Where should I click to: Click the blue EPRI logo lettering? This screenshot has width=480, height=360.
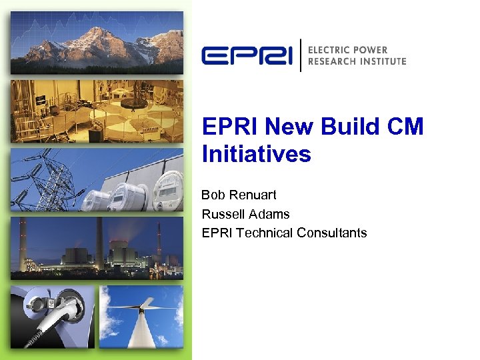247,55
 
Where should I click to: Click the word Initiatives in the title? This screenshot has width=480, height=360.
256,155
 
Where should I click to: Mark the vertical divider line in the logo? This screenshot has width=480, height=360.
301,55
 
